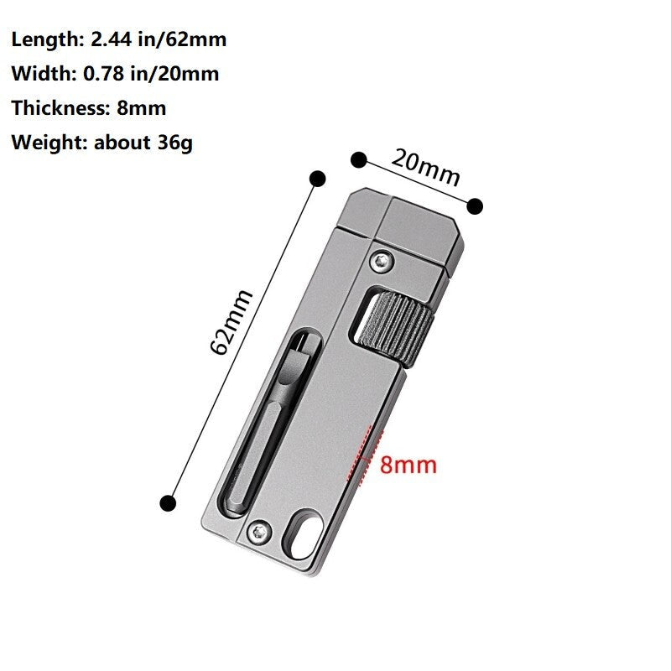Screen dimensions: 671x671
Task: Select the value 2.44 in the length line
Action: pos(112,39)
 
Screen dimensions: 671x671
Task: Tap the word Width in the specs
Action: pos(39,74)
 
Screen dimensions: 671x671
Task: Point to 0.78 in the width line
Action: pos(101,74)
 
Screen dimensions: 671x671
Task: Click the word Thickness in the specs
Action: pos(56,108)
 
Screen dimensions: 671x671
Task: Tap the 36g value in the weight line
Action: pos(174,143)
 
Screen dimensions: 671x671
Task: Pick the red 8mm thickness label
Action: pos(408,465)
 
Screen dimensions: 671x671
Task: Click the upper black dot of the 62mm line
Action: pos(317,178)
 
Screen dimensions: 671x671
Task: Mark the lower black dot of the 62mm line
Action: pos(168,502)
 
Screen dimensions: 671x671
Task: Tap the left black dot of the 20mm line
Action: pos(359,159)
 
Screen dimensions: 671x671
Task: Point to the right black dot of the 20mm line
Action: pos(475,205)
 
